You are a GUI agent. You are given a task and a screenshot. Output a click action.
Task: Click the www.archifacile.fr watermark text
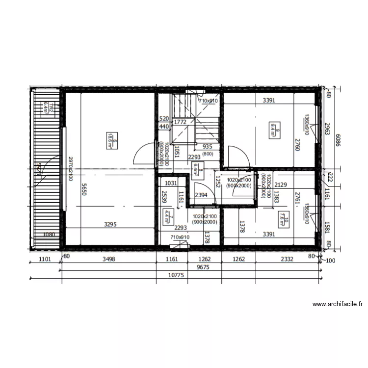[338, 304]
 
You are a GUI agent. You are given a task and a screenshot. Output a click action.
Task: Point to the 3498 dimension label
[108, 259]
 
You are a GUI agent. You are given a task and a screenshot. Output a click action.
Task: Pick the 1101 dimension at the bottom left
[45, 259]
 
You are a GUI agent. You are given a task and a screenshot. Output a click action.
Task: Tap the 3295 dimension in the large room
[111, 225]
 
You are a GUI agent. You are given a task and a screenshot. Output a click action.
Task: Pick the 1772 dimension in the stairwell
[180, 122]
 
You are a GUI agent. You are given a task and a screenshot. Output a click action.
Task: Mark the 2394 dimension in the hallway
[201, 195]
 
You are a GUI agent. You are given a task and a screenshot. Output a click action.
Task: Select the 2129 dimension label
[281, 184]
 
